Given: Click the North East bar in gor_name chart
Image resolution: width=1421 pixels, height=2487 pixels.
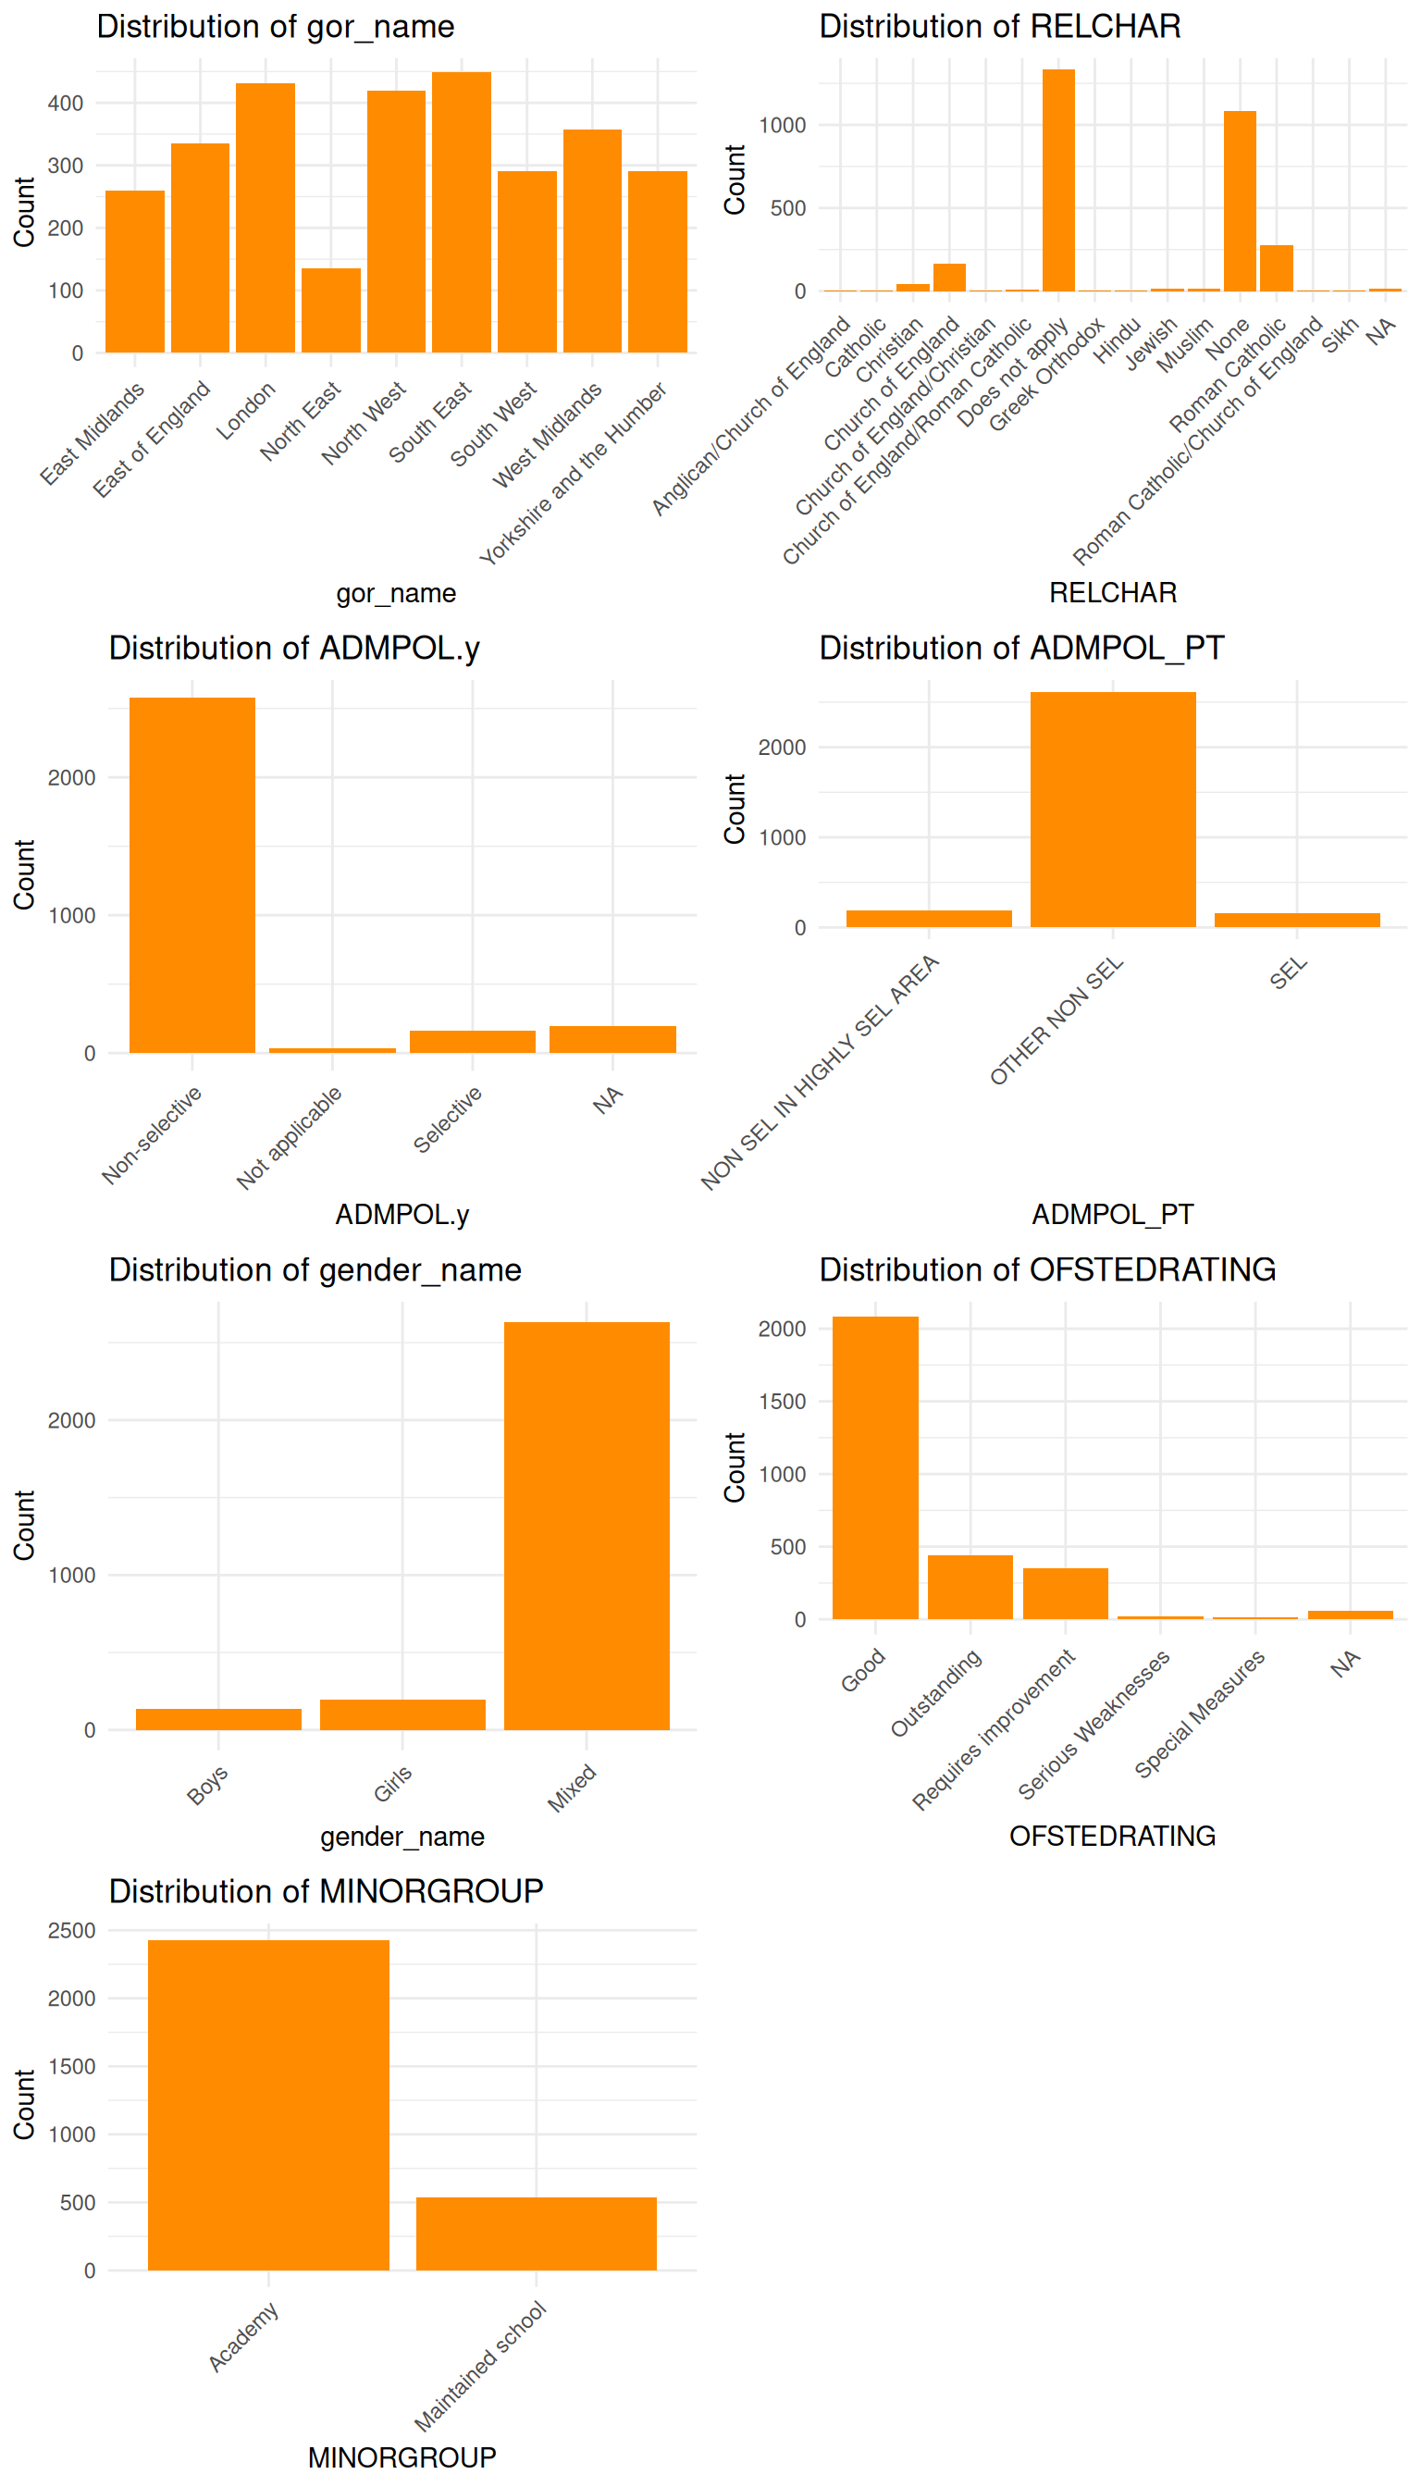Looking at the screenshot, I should point(331,310).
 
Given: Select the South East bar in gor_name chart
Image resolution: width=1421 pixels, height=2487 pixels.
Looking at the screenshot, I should point(462,212).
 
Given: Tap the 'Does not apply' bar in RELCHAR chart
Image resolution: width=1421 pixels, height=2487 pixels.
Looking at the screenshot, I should point(1059,180).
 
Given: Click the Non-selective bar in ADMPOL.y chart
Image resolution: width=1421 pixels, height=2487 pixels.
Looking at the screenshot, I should point(192,874).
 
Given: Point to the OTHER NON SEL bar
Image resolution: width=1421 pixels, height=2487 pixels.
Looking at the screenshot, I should point(1113,810).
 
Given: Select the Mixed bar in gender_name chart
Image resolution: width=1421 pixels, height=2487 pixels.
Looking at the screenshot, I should point(587,1526).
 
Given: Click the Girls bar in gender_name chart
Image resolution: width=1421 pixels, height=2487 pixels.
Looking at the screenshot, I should point(402,1715).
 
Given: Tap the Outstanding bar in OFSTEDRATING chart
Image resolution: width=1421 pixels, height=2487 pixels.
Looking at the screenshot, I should point(970,1586).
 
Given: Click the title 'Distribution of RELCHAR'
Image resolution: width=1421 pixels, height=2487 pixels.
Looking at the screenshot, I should point(999,26).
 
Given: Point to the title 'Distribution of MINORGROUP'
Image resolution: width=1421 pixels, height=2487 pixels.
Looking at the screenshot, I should point(326,1891).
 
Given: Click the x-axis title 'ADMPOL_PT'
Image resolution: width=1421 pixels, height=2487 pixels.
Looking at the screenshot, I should point(1113,1214).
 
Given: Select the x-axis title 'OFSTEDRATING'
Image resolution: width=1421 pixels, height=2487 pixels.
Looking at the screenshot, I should point(1113,1836).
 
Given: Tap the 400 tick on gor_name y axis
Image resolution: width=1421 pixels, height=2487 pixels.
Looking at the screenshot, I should point(66,104).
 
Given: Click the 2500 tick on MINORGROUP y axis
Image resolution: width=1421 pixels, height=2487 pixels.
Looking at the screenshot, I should point(71,1931).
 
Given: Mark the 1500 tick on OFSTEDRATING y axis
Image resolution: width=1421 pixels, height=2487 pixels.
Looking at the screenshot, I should point(782,1402).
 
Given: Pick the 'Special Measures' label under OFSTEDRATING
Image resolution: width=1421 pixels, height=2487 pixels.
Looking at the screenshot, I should point(1201,1713).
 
